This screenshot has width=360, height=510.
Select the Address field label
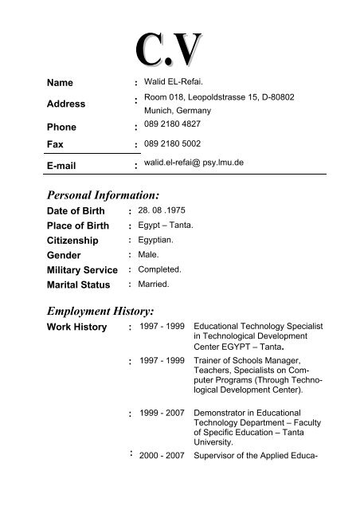point(66,104)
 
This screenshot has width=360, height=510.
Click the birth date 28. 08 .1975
point(164,210)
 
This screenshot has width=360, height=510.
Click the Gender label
point(68,254)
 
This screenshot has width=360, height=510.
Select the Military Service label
point(88,269)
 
